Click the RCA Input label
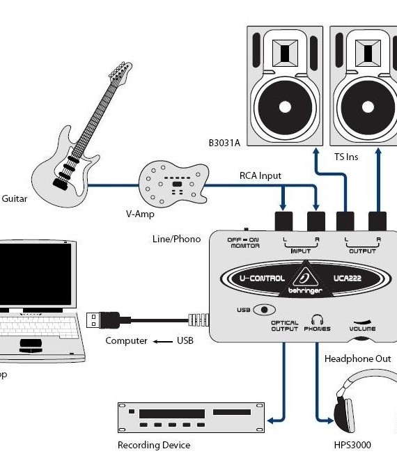tap(260, 175)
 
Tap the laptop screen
tap(34, 275)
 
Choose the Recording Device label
tap(153, 445)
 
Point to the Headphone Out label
tap(357, 359)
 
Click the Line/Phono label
tap(176, 239)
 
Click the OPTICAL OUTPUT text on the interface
tap(284, 326)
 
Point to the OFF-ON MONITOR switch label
tap(243, 242)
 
